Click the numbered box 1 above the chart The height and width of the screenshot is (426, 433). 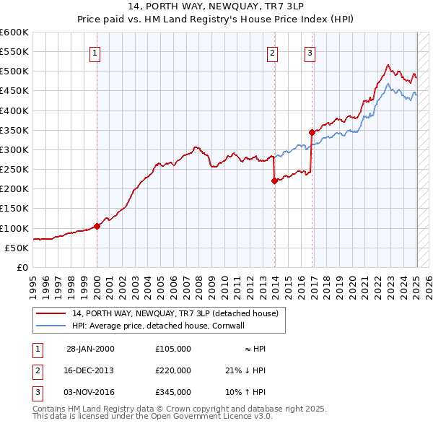(96, 52)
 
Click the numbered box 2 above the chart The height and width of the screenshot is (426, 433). (273, 52)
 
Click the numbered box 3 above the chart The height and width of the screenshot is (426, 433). (310, 52)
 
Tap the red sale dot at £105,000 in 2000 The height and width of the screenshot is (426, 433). (97, 226)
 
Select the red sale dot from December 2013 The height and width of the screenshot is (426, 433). (274, 181)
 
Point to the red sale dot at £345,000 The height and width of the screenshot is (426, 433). (312, 132)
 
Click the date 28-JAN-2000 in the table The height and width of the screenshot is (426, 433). (90, 349)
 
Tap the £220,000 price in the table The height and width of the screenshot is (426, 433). (173, 370)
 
